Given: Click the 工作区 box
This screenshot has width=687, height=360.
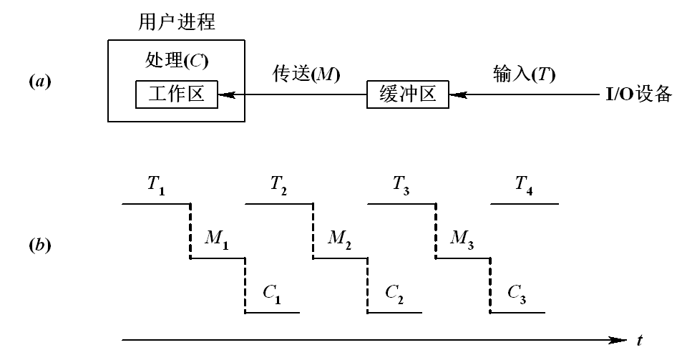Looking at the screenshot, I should click(175, 94).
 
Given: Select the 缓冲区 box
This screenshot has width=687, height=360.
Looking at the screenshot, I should click(408, 94).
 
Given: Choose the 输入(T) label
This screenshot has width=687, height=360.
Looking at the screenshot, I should click(525, 74).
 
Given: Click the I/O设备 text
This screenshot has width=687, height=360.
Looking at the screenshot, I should click(634, 94).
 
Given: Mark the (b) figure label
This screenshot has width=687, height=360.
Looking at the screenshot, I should click(40, 245).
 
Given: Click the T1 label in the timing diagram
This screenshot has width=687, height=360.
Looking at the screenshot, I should click(155, 184).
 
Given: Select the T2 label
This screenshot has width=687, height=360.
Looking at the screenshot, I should click(278, 184).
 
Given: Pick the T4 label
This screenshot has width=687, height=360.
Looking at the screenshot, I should click(523, 184).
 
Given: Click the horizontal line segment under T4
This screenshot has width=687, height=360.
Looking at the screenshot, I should click(525, 204).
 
